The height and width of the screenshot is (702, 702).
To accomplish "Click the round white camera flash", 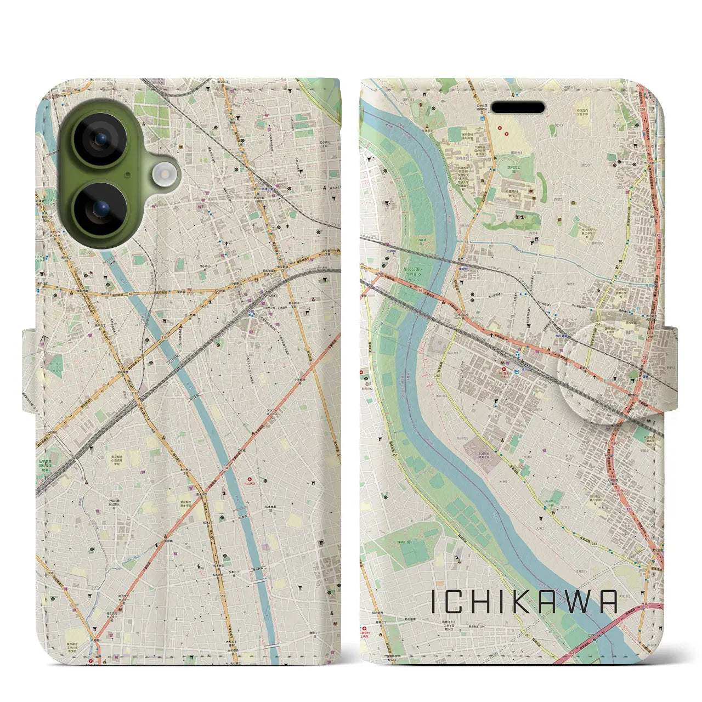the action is [163, 175].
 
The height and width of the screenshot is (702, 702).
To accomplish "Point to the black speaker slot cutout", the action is [517, 107].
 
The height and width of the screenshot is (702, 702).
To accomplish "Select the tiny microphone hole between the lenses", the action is [127, 175].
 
